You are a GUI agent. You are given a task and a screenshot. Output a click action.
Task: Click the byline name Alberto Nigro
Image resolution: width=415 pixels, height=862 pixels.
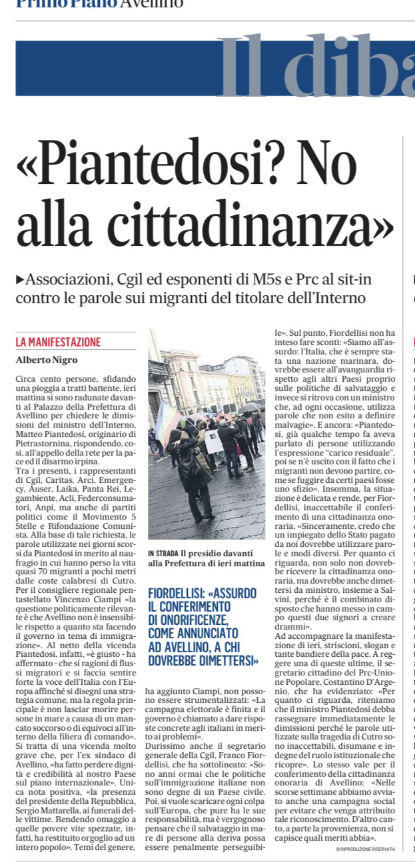click(x=46, y=360)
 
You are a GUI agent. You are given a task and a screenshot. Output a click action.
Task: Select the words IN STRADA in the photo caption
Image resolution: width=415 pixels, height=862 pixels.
click(x=163, y=553)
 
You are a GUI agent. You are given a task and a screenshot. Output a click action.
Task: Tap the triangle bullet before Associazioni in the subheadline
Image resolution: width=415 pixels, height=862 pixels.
click(x=20, y=278)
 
